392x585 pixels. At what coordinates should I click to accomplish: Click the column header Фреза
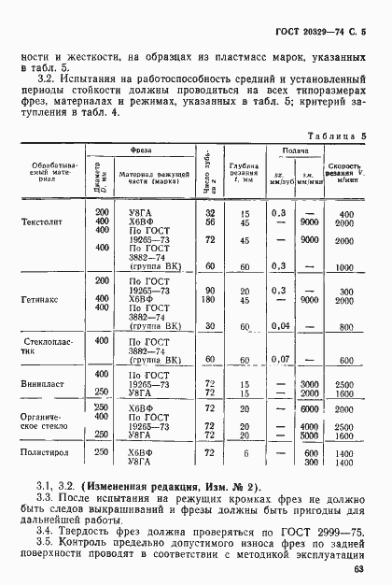pyautogui.click(x=141, y=150)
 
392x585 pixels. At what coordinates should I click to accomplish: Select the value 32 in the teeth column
pyautogui.click(x=209, y=213)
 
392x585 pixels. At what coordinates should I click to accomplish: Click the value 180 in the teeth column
pyautogui.click(x=209, y=300)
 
